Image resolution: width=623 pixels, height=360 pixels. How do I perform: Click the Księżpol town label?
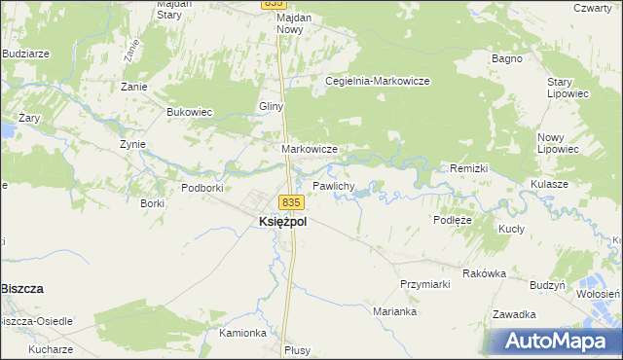(x=283, y=222)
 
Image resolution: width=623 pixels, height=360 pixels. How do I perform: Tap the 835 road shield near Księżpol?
(x=292, y=201)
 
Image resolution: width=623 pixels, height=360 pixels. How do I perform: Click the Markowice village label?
(x=310, y=149)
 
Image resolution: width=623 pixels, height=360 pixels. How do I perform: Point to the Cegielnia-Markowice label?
(x=378, y=81)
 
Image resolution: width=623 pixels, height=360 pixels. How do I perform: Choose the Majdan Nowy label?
(x=304, y=23)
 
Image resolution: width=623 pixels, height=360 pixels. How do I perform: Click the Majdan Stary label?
(x=176, y=10)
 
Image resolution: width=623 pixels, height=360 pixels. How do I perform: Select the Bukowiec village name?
(x=190, y=112)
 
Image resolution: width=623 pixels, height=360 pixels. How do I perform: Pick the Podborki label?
(x=202, y=187)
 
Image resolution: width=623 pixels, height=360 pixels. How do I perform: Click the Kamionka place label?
(x=243, y=333)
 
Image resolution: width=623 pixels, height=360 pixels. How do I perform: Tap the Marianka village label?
(x=395, y=312)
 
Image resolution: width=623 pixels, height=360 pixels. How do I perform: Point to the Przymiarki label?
(x=424, y=284)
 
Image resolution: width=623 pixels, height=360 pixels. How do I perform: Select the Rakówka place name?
(x=484, y=273)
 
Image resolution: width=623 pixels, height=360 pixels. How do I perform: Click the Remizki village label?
(x=468, y=168)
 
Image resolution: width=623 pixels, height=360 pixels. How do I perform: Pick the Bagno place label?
(x=507, y=58)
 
